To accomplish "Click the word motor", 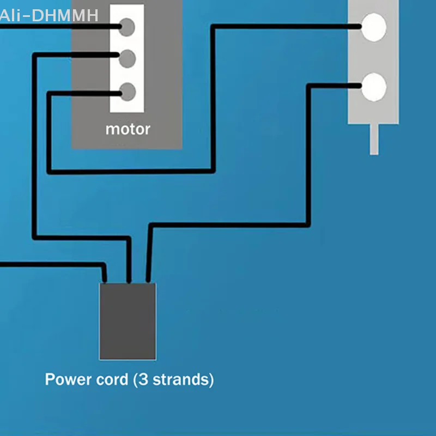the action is [x=128, y=129].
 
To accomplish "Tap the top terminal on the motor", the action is [x=127, y=27].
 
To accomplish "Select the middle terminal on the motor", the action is [x=127, y=59].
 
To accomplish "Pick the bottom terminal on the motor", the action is [x=128, y=92].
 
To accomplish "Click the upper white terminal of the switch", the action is [x=374, y=27].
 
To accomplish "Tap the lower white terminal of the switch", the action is [x=374, y=87].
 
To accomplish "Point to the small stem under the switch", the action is [x=374, y=139].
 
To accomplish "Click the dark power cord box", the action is [x=128, y=322].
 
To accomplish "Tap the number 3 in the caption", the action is [x=143, y=379].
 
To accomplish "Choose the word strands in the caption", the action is [x=181, y=379].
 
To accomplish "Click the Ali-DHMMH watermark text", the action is [x=49, y=16].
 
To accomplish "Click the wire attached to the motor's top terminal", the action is [x=60, y=26].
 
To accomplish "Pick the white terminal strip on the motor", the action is [x=127, y=58].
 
